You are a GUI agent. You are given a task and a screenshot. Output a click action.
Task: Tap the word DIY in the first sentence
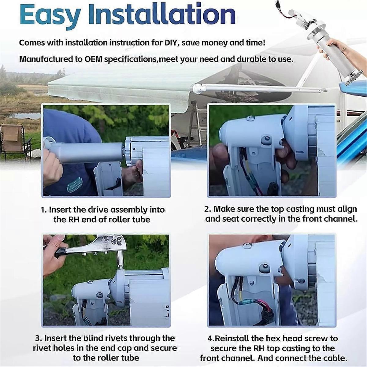coord(171,43)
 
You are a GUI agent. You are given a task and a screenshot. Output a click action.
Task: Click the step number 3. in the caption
coord(39,338)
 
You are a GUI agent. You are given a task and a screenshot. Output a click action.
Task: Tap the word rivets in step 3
coord(115,338)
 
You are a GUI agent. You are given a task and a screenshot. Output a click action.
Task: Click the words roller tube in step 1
coord(129,220)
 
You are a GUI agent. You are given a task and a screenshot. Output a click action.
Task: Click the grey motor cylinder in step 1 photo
coord(86,152)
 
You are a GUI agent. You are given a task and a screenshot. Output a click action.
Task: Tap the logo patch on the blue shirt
coord(75,185)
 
